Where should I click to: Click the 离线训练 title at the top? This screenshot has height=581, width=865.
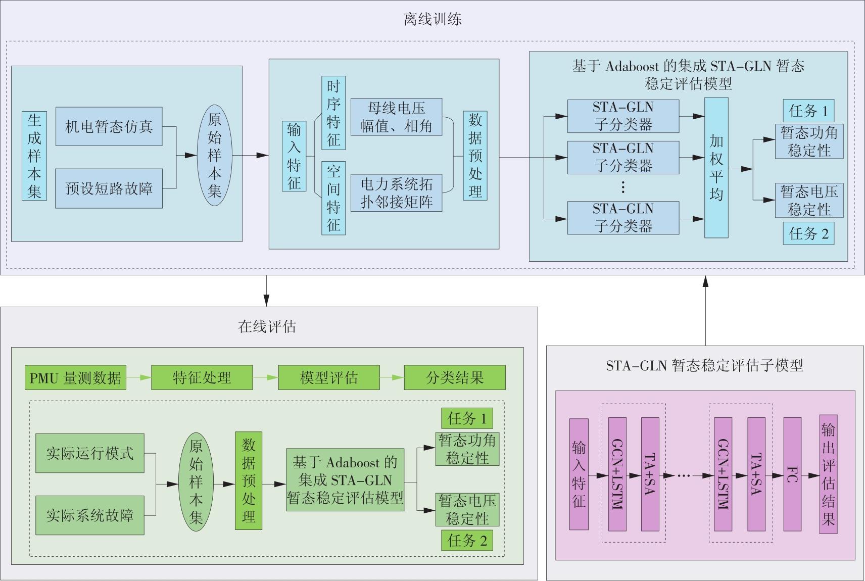[433, 20]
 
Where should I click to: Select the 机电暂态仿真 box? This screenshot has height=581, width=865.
[109, 126]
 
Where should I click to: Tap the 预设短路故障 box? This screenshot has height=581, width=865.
[109, 188]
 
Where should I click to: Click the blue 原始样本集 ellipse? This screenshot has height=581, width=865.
[214, 155]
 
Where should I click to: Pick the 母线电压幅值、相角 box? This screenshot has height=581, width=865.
[396, 117]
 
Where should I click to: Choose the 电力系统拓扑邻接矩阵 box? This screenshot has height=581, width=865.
[396, 193]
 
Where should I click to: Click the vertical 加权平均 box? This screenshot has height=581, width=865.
[716, 168]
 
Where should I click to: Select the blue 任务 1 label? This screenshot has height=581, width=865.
[808, 111]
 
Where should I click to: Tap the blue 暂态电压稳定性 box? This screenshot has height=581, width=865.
[809, 200]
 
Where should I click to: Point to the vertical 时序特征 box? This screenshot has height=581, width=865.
[333, 113]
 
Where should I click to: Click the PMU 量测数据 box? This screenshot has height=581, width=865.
[75, 378]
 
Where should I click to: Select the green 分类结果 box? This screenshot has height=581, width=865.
[454, 378]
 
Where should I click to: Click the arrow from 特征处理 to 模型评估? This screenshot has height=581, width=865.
[265, 378]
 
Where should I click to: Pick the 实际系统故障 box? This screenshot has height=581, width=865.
[90, 515]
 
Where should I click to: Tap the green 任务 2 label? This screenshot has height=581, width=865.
[467, 541]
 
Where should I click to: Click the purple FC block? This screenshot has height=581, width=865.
[792, 474]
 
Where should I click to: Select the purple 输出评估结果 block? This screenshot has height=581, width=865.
[828, 474]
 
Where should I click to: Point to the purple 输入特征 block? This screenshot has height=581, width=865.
[579, 474]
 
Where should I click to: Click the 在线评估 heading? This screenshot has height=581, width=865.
[267, 327]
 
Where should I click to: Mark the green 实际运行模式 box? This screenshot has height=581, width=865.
[90, 453]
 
